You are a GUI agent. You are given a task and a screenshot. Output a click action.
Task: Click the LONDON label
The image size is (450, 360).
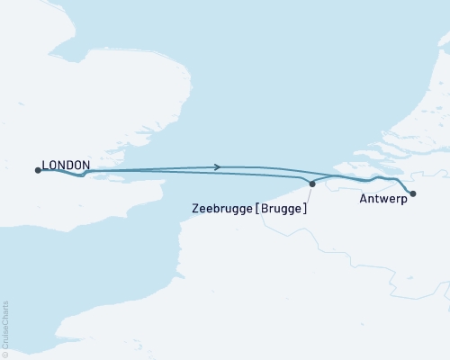pyautogui.click(x=67, y=166)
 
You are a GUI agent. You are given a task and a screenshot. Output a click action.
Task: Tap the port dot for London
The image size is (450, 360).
pyautogui.click(x=38, y=169)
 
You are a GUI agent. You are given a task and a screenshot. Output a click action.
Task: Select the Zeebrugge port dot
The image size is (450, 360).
pyautogui.click(x=312, y=184)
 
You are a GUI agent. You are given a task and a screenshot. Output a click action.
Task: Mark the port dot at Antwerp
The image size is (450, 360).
pyautogui.click(x=412, y=193)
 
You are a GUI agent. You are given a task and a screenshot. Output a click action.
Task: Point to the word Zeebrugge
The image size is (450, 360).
pyautogui.click(x=222, y=209)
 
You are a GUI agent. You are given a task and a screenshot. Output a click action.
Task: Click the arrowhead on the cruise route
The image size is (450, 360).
pyautogui.click(x=217, y=166)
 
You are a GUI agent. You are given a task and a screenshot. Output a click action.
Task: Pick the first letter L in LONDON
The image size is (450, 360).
pyautogui.click(x=46, y=166)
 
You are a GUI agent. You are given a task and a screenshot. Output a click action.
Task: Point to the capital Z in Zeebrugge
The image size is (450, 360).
pyautogui.click(x=196, y=208)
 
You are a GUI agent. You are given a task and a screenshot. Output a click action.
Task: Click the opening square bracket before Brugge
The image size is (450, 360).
pyautogui.click(x=258, y=209)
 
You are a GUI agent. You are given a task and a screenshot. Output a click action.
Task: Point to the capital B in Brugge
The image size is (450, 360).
pyautogui.click(x=265, y=208)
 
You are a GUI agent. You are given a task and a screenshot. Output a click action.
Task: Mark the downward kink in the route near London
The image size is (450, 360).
pyautogui.click(x=81, y=175)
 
